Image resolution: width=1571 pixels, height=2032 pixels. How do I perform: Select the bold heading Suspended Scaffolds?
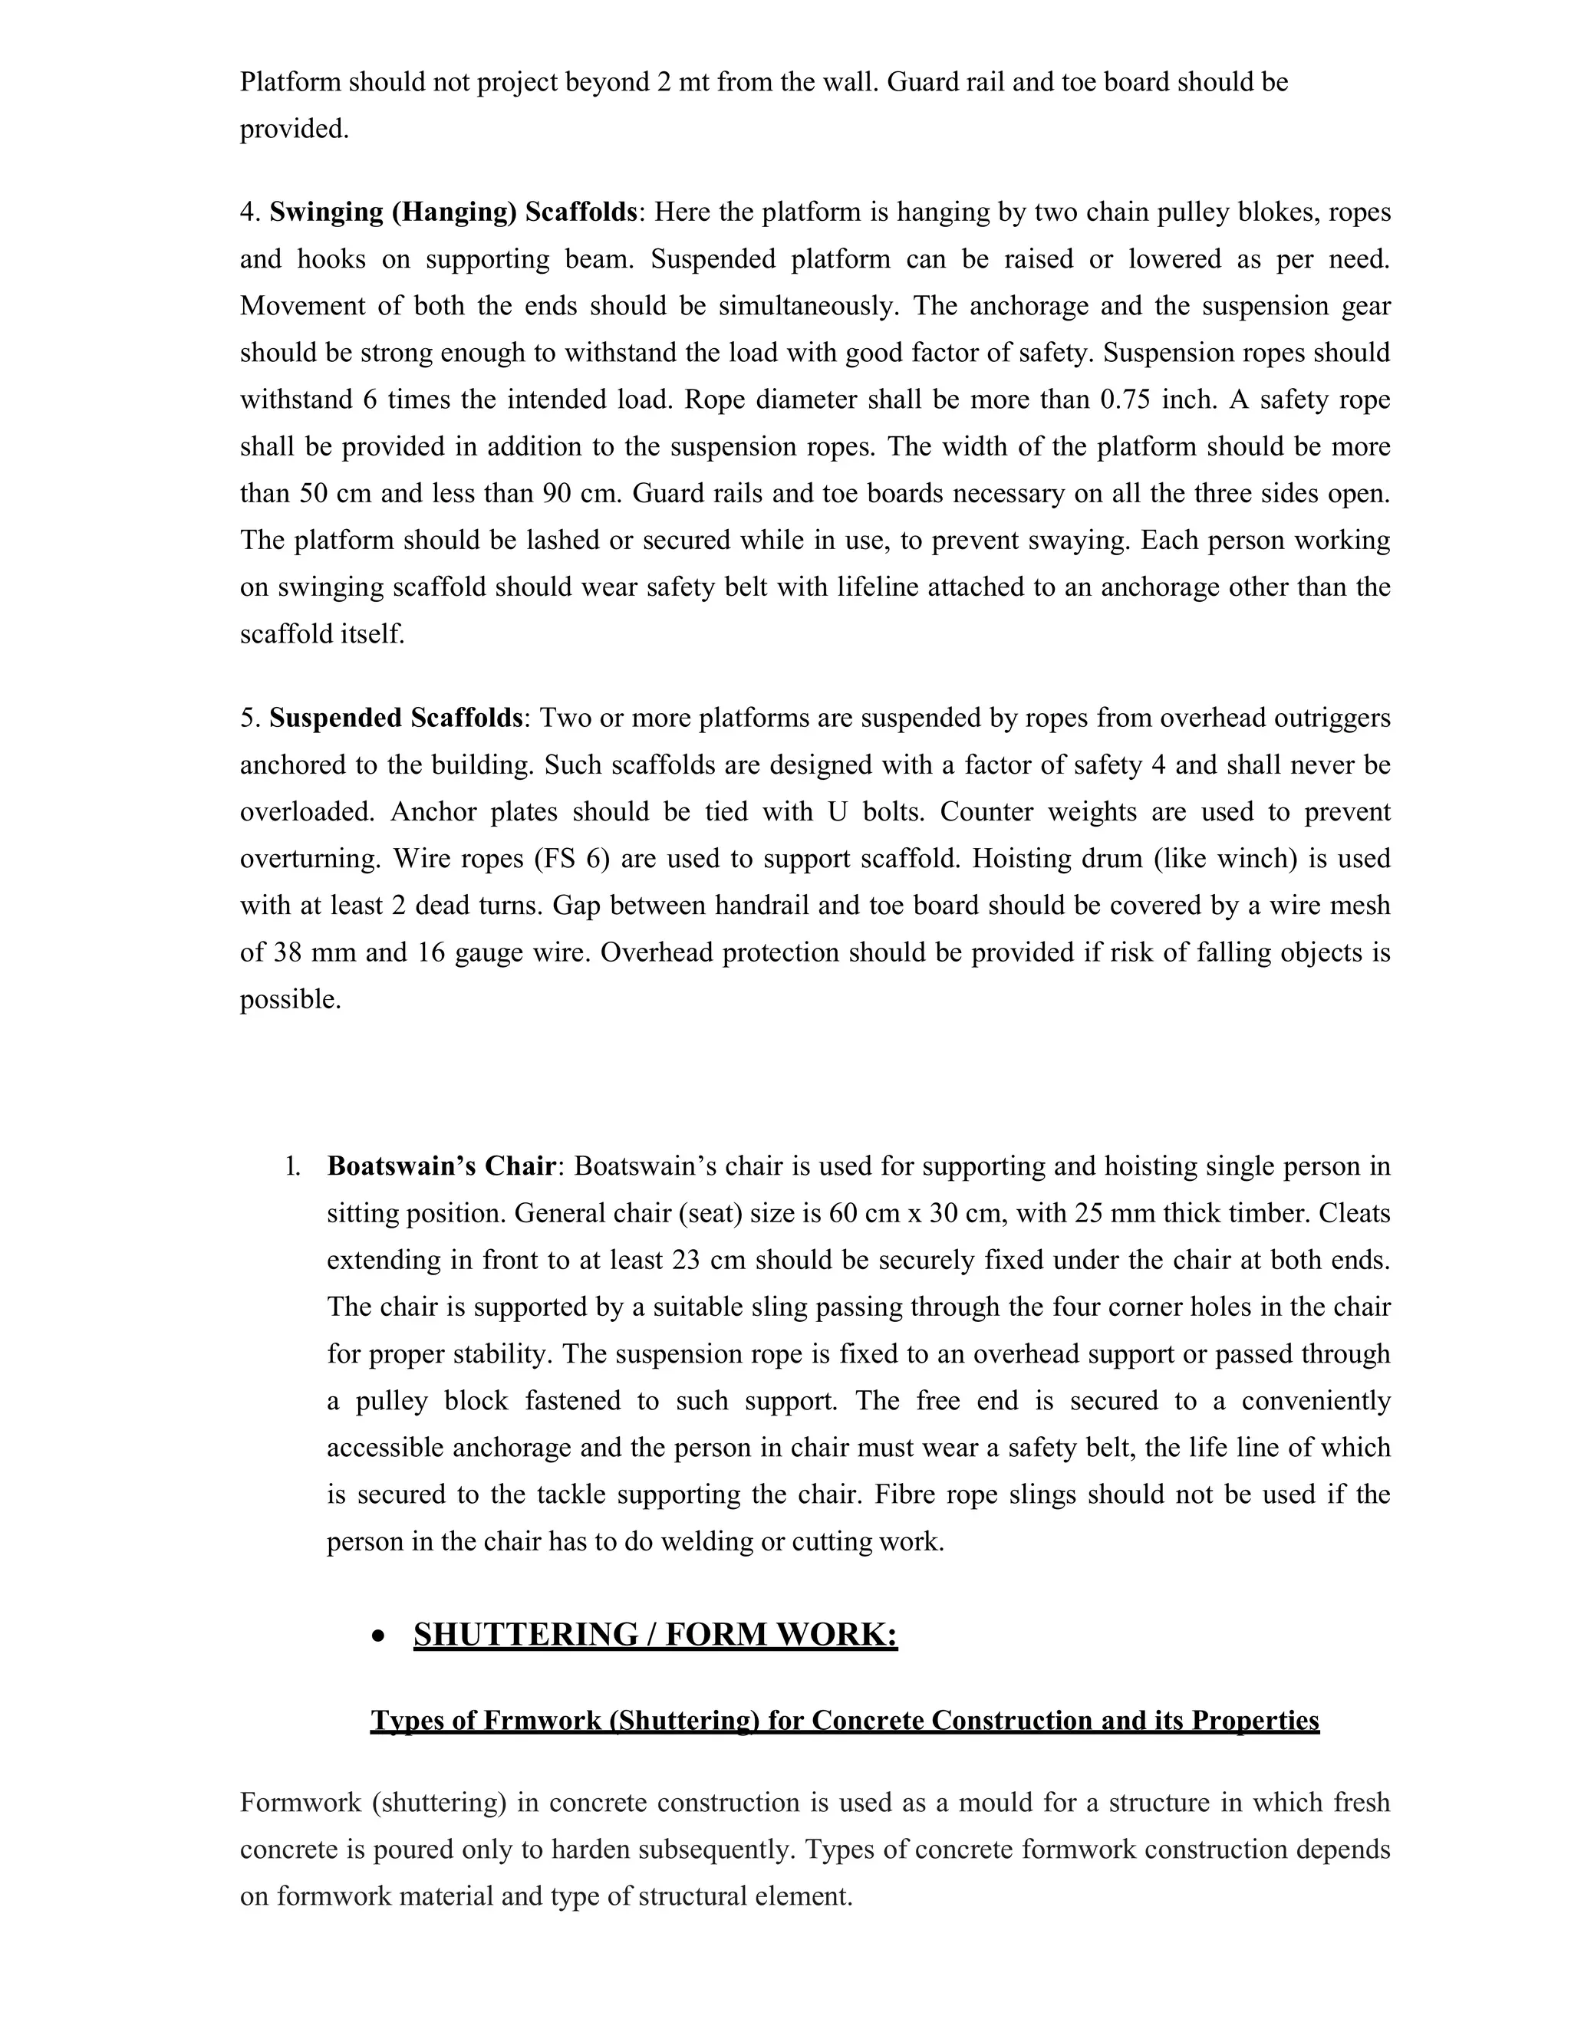point(397,718)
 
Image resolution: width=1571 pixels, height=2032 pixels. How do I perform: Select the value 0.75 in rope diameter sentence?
point(1129,400)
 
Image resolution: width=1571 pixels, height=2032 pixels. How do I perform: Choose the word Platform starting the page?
point(291,82)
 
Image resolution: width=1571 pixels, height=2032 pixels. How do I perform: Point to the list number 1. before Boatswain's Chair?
point(292,1167)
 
